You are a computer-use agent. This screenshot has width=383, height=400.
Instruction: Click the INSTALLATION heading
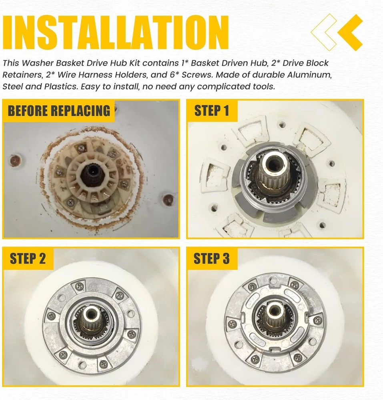coord(115,32)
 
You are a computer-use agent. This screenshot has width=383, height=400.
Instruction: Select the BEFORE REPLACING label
coord(59,111)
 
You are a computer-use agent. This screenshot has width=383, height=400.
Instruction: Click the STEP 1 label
coord(212,111)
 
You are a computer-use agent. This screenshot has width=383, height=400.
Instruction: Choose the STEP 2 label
coord(28,258)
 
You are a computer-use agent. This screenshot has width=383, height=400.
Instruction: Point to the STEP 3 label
coord(212,258)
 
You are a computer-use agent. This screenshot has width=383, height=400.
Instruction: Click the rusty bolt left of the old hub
coord(15,160)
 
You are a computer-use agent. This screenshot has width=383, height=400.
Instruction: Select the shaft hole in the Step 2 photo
coord(91,312)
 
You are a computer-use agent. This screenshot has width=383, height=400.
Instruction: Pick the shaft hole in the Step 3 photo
coord(274,310)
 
